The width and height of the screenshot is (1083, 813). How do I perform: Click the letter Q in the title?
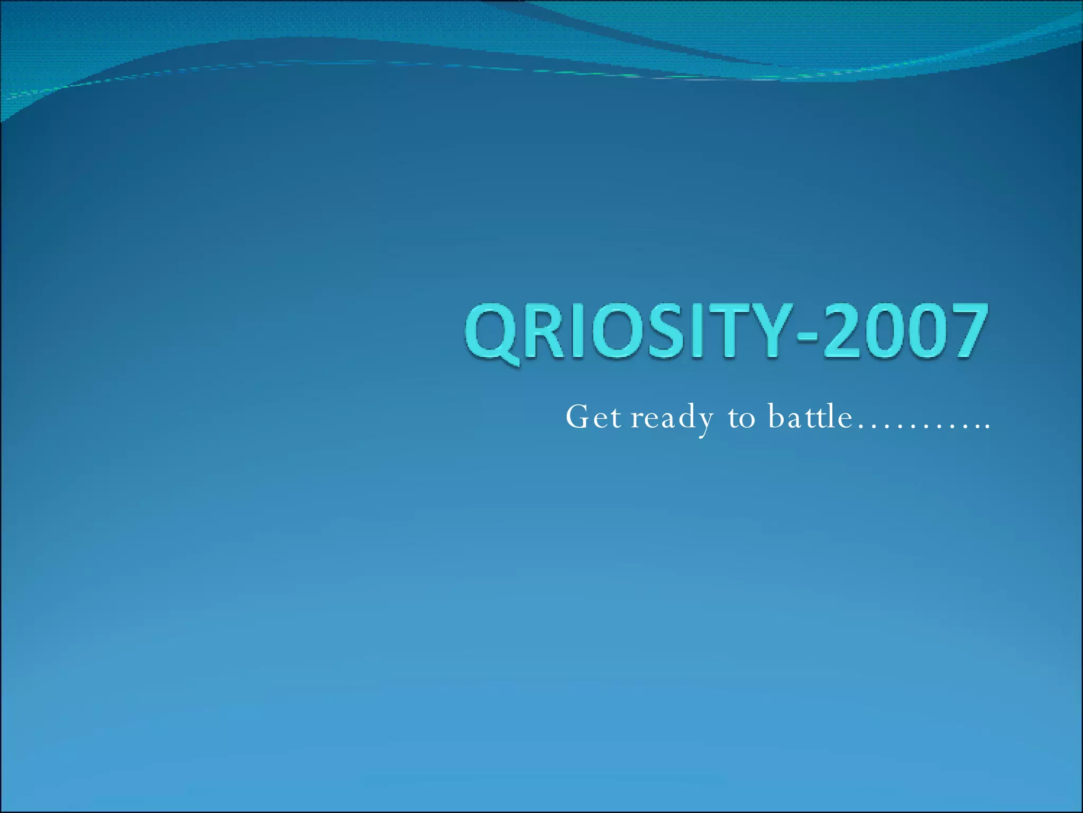click(492, 332)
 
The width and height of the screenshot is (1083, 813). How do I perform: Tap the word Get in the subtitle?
click(593, 417)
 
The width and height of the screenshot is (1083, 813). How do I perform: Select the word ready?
click(672, 418)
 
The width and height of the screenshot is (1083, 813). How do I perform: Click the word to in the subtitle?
click(741, 418)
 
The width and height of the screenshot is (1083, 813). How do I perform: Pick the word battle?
click(810, 417)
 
